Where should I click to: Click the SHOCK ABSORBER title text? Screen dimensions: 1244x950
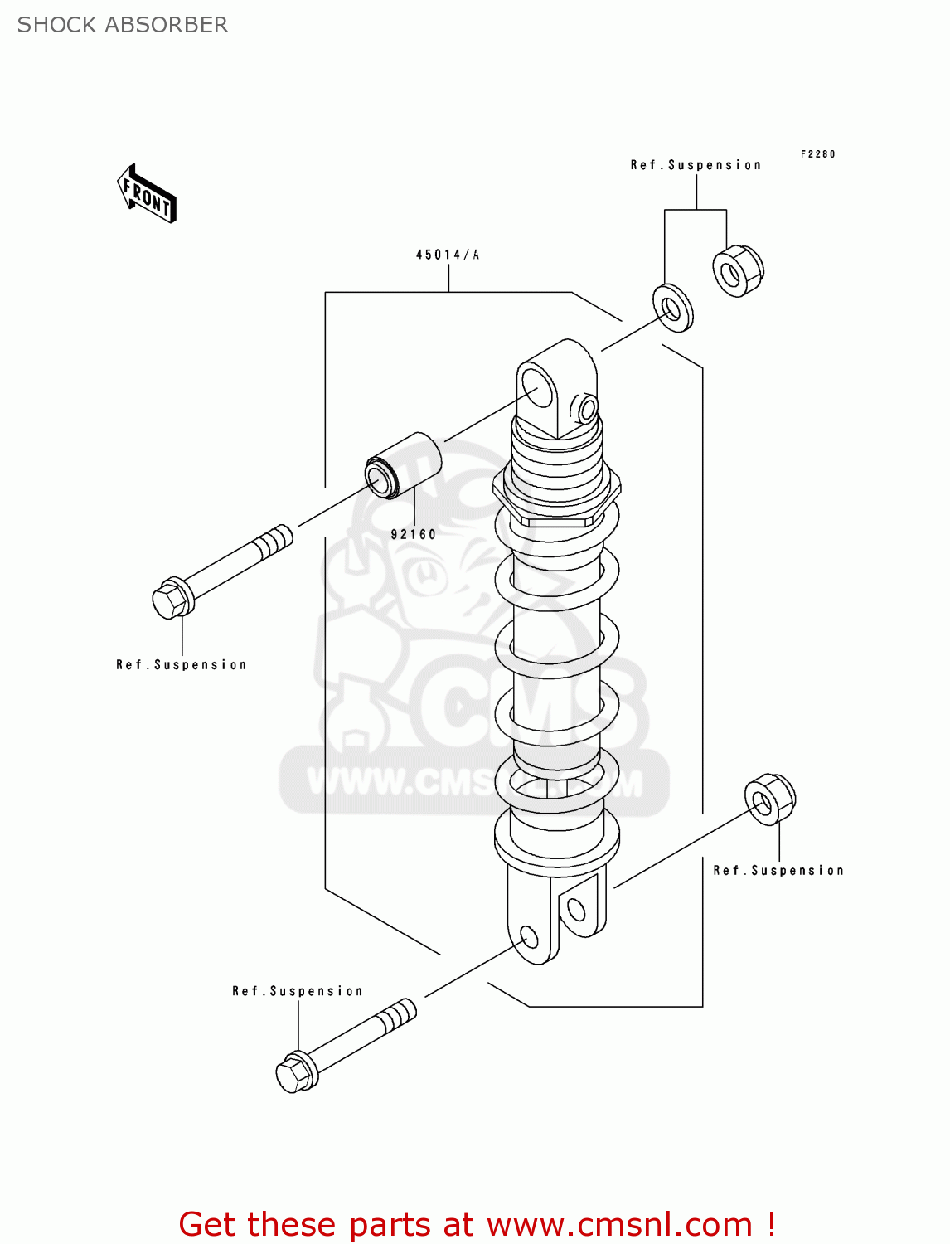click(x=122, y=25)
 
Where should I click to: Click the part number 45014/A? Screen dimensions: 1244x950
click(x=448, y=255)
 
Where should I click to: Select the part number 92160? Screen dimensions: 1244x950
click(x=413, y=535)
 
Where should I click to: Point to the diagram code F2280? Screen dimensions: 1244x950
click(x=817, y=154)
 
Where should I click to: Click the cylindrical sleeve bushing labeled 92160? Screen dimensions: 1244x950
click(x=403, y=465)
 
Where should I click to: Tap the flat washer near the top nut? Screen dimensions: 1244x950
click(x=673, y=308)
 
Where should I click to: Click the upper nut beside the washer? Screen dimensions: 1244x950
click(x=738, y=271)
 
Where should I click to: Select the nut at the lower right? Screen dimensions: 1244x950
click(x=770, y=799)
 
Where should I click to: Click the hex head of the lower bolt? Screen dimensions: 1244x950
click(x=293, y=1073)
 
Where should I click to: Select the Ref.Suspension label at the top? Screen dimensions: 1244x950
click(x=696, y=165)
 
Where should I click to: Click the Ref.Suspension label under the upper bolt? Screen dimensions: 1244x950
click(x=182, y=665)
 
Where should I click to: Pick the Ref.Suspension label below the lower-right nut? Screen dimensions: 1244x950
click(x=778, y=871)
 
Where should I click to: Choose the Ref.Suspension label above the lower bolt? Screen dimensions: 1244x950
click(x=298, y=991)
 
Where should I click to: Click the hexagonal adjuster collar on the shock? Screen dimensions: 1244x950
click(x=556, y=495)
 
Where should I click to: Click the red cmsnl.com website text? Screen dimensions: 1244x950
click(x=477, y=1224)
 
